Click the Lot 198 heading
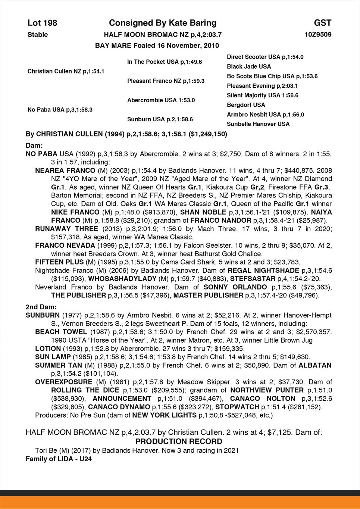click(x=42, y=23)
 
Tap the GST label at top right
click(x=322, y=23)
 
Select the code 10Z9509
click(x=318, y=35)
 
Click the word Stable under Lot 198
click(x=38, y=35)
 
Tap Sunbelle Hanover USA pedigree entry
click(x=258, y=124)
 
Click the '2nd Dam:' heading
click(x=41, y=307)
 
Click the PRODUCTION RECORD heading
click(x=179, y=441)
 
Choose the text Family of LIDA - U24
click(x=59, y=459)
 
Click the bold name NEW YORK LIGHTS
click(x=165, y=415)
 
